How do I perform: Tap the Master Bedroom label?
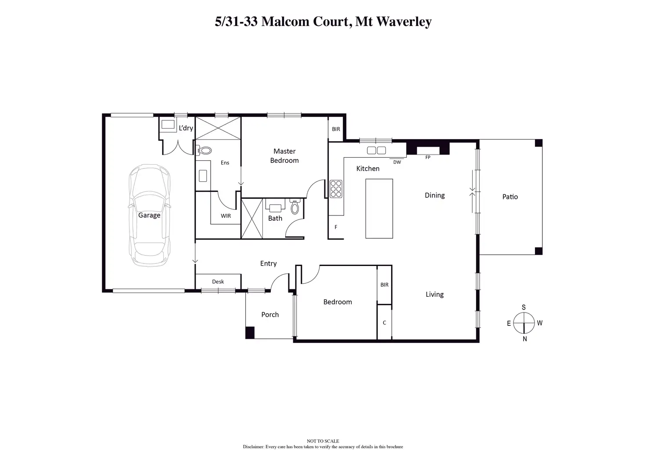(284, 156)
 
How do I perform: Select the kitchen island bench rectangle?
(379, 209)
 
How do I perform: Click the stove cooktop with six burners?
(336, 189)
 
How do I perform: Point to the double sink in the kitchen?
(376, 151)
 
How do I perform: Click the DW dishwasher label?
(397, 162)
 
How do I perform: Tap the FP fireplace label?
(428, 157)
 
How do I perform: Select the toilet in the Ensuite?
(205, 151)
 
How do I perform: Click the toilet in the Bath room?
(295, 207)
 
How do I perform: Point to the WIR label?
(226, 216)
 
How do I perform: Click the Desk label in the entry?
(218, 282)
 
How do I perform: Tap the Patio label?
(510, 197)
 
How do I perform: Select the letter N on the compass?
(524, 339)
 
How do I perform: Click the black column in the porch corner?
(250, 333)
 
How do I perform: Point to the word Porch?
(270, 314)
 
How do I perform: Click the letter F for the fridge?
(336, 227)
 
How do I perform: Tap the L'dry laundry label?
(186, 128)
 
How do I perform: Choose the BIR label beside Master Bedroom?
(336, 129)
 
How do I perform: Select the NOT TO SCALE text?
(323, 441)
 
